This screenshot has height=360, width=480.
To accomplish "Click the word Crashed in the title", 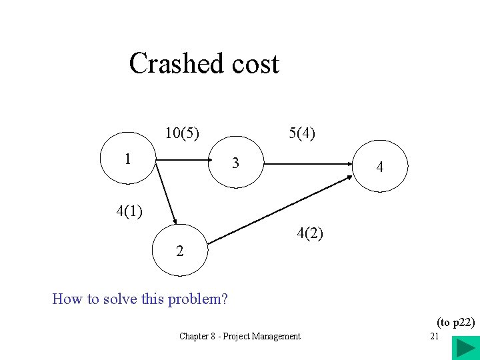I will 175,64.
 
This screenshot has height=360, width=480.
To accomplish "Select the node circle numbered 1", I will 127,159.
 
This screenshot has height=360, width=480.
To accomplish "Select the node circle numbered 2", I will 180,251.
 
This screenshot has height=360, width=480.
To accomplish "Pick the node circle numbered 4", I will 379,167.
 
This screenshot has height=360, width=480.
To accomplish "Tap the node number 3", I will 235,163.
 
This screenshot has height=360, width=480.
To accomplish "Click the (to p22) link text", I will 455,323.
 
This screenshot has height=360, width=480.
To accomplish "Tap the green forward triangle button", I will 463,349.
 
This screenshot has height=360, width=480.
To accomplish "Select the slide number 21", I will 434,337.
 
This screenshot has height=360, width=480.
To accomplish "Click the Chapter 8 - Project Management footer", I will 239,337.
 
